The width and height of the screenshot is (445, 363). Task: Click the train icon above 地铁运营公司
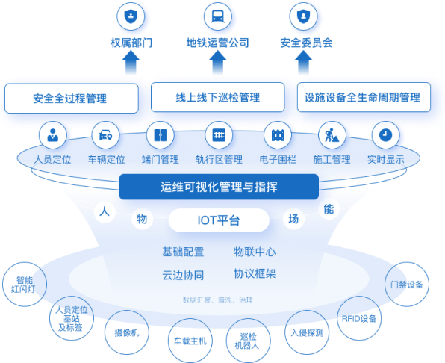tap(218, 16)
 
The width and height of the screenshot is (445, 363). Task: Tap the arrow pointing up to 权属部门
tap(131, 63)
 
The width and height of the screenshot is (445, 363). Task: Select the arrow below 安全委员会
tap(303, 63)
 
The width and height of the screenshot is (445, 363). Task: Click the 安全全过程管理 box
tap(72, 98)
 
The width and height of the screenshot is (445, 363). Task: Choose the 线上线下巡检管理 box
tap(218, 97)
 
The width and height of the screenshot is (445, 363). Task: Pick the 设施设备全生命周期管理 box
tap(364, 97)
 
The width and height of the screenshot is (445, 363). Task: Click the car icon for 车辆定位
tap(105, 135)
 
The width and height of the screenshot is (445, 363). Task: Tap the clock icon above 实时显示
tap(385, 135)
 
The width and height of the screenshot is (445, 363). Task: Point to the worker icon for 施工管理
tap(332, 135)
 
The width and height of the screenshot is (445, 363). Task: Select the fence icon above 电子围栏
tap(278, 135)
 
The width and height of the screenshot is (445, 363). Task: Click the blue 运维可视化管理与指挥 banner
tap(219, 187)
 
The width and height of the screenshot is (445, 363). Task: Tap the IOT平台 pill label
tap(219, 220)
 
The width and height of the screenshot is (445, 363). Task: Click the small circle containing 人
tap(105, 211)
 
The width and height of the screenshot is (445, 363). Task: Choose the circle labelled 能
tap(329, 209)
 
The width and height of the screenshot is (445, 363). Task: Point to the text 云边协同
tap(183, 275)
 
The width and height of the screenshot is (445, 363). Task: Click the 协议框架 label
tap(255, 274)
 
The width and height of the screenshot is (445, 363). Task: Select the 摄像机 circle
tap(127, 332)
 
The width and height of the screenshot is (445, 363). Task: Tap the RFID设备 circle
tap(359, 318)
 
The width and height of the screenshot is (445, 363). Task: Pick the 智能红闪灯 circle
tap(25, 284)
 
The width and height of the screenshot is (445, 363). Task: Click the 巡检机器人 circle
tap(248, 341)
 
